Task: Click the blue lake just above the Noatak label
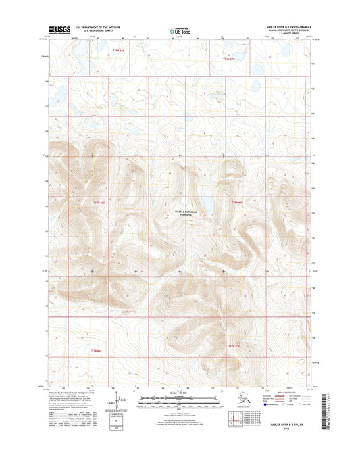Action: click(209, 203)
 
